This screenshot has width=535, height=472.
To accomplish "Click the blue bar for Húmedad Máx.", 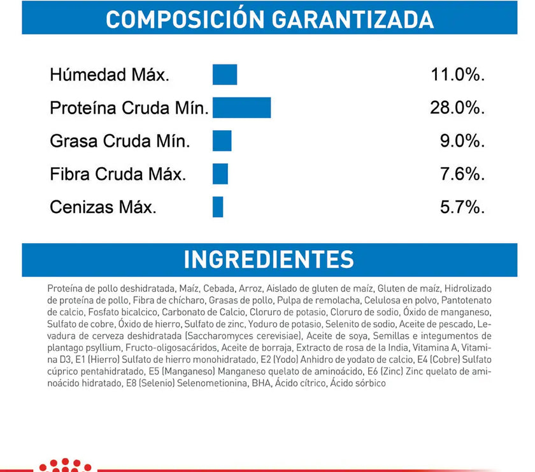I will click(225, 75).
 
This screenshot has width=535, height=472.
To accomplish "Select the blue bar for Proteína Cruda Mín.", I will click(242, 108).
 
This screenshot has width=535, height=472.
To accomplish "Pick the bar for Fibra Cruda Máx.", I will click(220, 173).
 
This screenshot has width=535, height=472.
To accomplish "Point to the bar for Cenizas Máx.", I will click(218, 207).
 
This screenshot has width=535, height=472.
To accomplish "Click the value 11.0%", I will click(458, 75).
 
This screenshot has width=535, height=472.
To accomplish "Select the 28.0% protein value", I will click(458, 108).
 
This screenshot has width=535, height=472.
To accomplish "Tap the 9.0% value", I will click(462, 141).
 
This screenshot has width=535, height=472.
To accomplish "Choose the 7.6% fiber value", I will click(462, 174).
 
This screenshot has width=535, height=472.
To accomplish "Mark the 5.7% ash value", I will click(462, 207).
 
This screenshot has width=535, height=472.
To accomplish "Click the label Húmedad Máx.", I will click(110, 75).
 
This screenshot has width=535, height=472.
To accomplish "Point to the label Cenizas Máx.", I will click(103, 207).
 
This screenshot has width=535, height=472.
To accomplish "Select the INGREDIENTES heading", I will click(268, 260).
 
